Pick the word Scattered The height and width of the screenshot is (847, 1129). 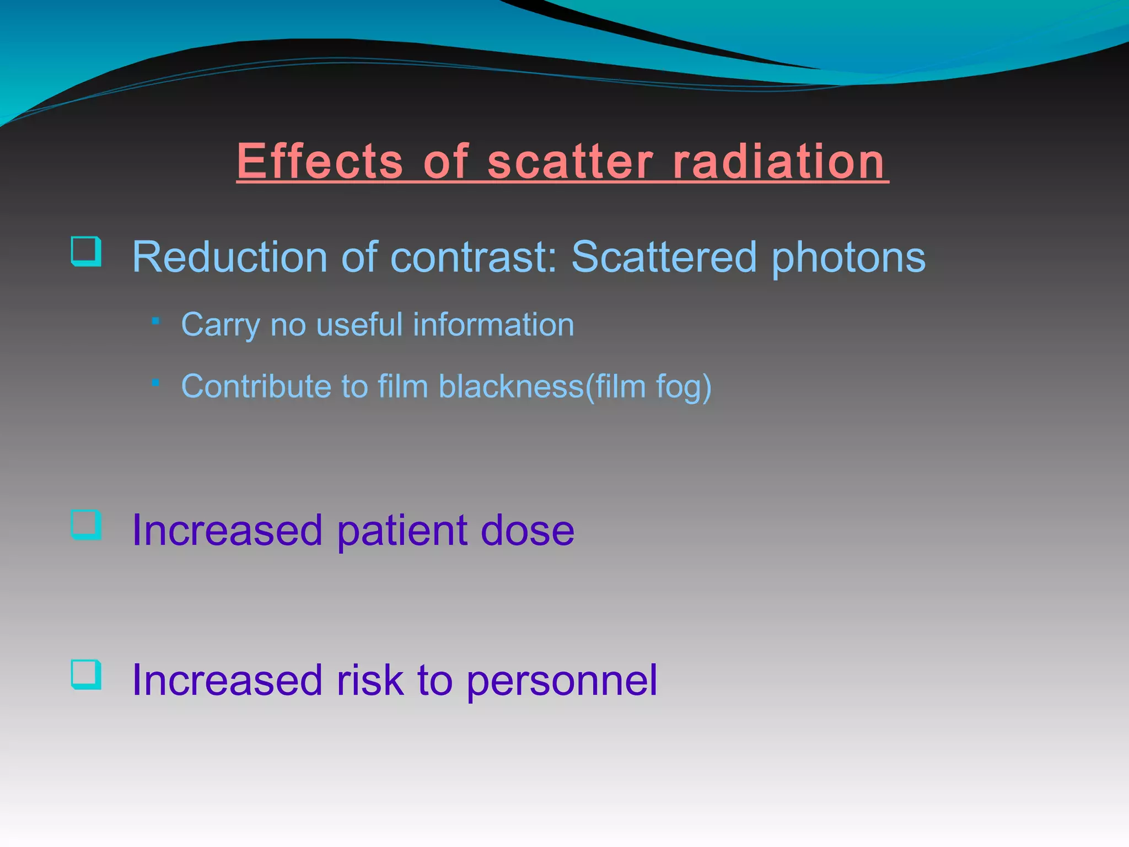(x=663, y=257)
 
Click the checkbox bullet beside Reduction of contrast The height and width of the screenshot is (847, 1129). (x=87, y=251)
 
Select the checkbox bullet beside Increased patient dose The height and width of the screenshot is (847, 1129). (x=87, y=524)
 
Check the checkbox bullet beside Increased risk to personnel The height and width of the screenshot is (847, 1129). (x=87, y=674)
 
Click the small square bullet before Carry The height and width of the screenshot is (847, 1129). (x=156, y=320)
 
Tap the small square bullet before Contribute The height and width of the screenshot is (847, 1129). (x=156, y=382)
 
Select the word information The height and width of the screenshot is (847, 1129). (x=493, y=324)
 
